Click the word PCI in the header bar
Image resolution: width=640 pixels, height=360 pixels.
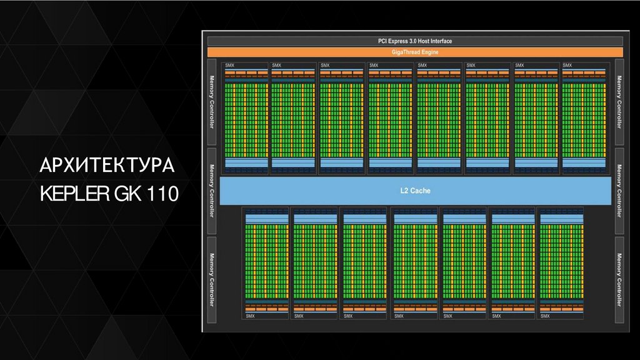(x=382, y=41)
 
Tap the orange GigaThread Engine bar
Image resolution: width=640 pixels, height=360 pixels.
(x=415, y=52)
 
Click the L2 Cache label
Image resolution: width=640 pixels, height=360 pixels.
(x=415, y=191)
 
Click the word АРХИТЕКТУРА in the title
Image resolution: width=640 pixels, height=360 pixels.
(x=106, y=167)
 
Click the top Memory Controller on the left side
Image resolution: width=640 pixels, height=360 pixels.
(x=212, y=102)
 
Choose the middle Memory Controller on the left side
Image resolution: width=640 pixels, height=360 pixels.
(x=212, y=191)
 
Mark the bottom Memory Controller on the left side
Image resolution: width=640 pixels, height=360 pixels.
(x=212, y=279)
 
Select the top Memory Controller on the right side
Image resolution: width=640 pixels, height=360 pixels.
(x=619, y=102)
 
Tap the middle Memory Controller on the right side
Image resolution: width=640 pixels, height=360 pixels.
(x=619, y=191)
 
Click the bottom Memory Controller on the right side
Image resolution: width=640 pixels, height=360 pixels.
(x=619, y=279)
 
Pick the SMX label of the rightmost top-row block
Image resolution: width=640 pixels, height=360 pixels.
(x=567, y=65)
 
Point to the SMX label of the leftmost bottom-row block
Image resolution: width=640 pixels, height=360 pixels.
(x=250, y=316)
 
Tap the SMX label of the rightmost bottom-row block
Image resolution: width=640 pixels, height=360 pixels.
(x=545, y=316)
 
